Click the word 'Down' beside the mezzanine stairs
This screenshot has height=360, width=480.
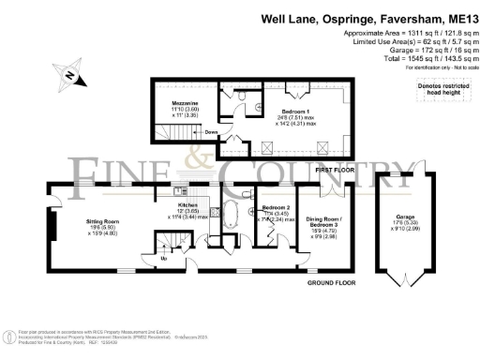tap(211, 133)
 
